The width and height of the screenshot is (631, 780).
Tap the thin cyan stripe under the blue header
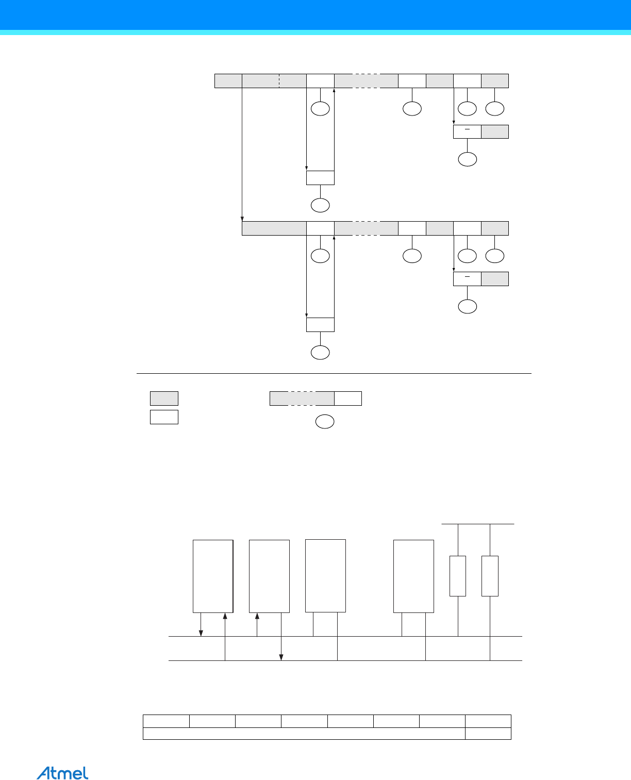point(315,32)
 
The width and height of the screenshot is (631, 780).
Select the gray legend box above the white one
point(164,399)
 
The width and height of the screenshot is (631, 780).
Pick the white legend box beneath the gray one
point(164,417)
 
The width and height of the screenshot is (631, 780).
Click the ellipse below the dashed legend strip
point(325,422)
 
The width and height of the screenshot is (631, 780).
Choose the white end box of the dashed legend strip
point(348,399)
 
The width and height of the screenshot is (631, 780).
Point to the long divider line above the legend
point(334,374)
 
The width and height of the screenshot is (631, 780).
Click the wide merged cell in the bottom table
point(304,734)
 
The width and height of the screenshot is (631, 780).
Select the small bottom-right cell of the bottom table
point(488,734)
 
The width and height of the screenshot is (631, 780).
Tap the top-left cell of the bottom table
point(167,721)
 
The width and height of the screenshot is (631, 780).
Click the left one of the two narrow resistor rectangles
point(458,576)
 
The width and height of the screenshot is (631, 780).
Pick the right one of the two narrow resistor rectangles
point(490,576)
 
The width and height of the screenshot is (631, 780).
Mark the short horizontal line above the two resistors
point(478,524)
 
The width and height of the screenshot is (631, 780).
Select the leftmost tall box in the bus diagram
point(213,576)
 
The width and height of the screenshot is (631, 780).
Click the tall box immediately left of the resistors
point(414,576)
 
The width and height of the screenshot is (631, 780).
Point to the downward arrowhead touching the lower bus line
point(281,657)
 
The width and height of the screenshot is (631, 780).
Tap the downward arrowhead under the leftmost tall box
point(201,633)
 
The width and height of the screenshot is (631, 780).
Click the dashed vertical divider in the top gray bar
point(279,81)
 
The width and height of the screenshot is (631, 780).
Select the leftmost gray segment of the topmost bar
point(228,81)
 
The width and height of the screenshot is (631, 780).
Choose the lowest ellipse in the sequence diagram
point(320,352)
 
